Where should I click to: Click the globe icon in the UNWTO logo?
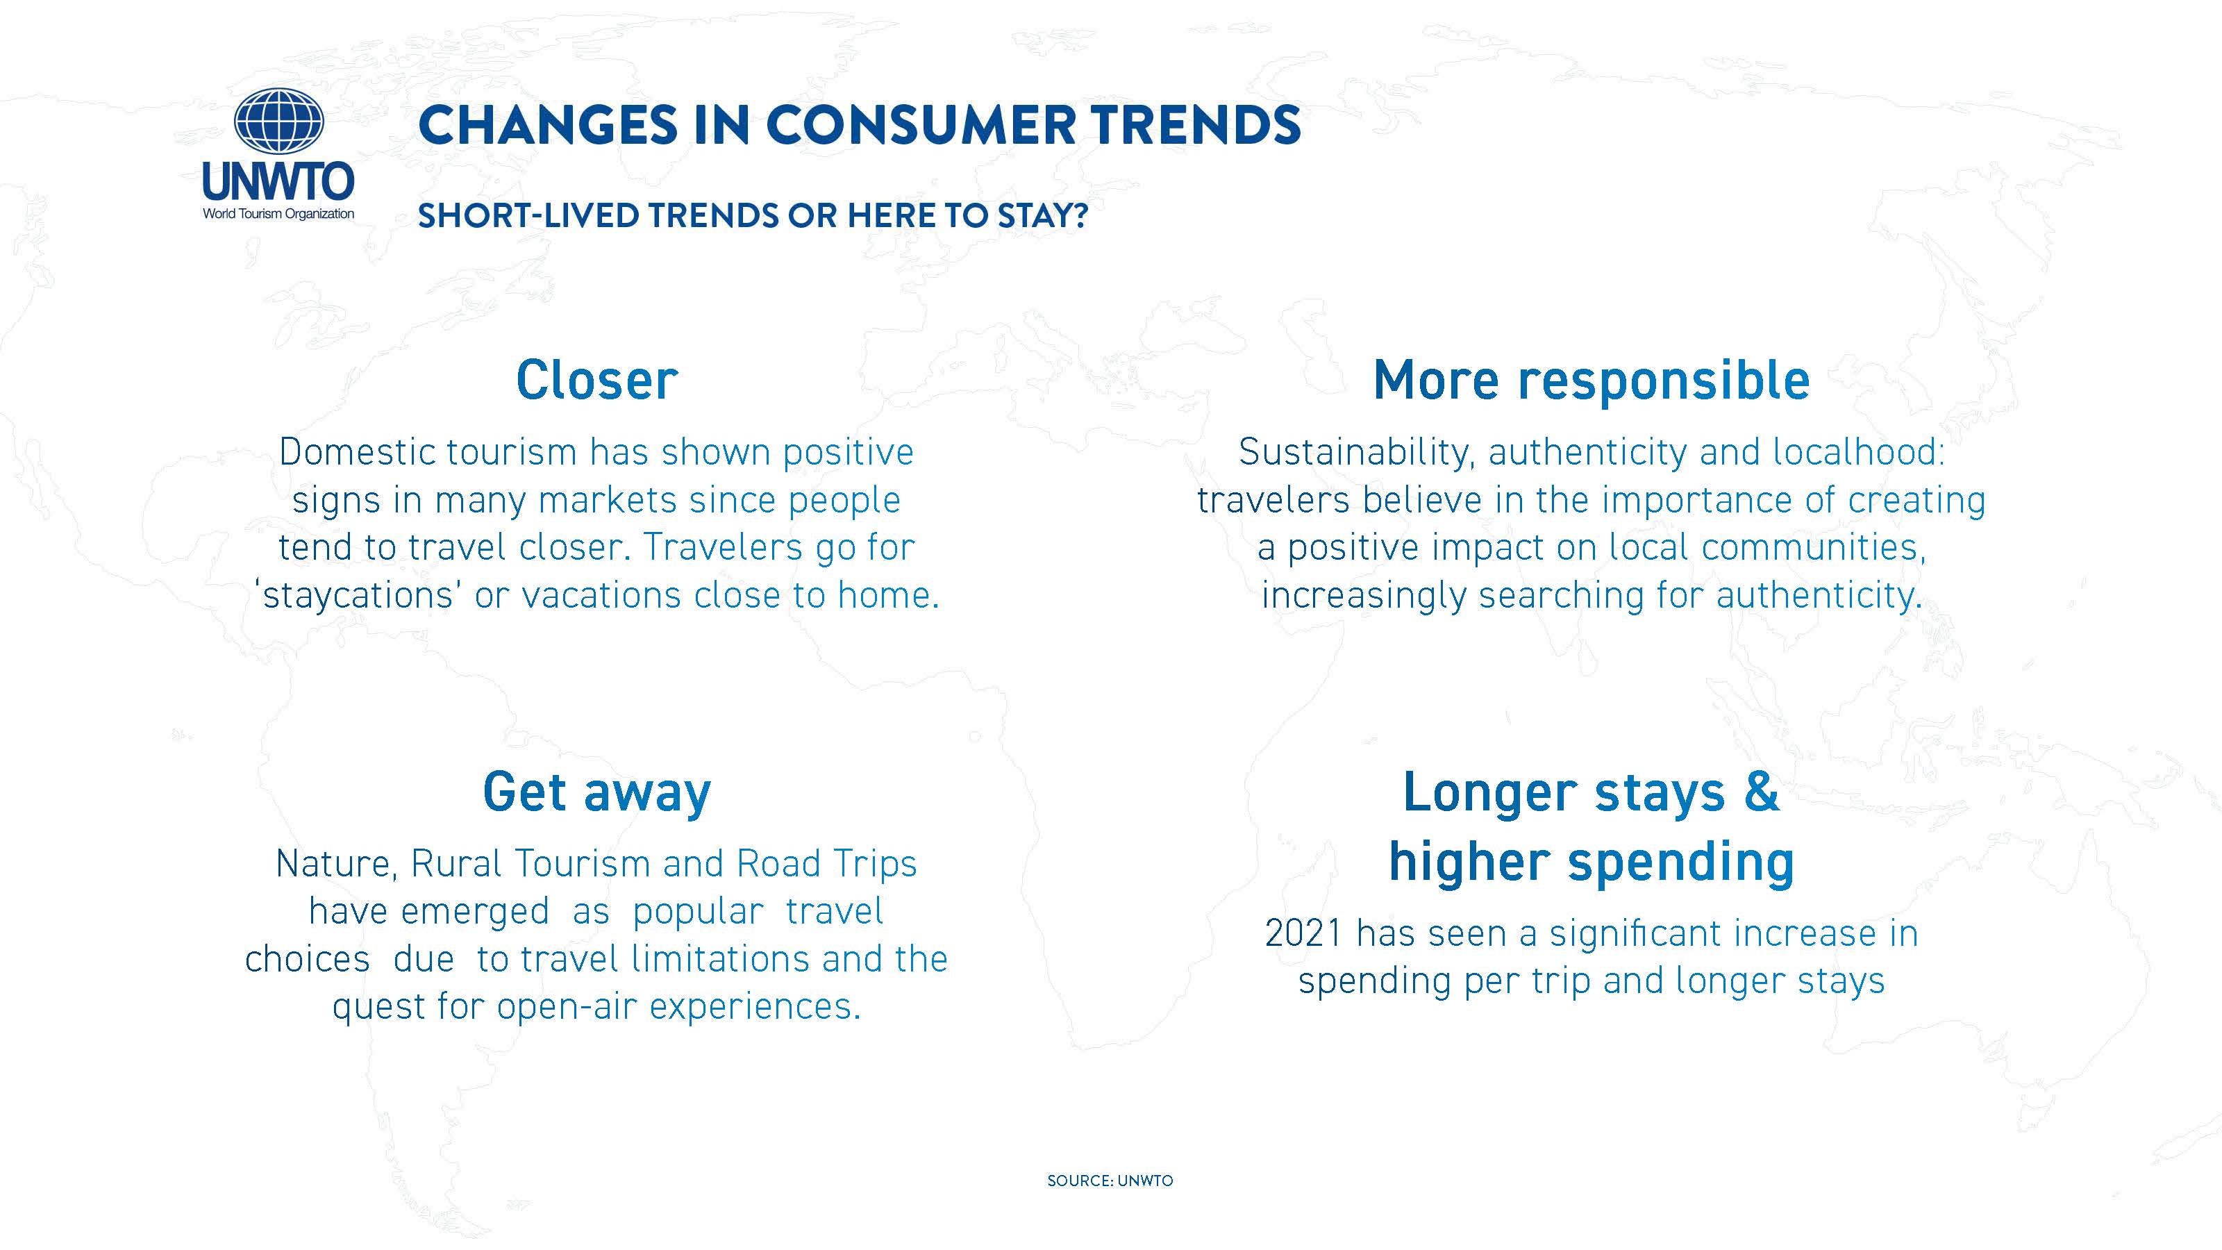[278, 122]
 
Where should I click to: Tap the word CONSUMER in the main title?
[920, 125]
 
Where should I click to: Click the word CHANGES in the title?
[548, 125]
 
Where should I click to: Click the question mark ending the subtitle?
[1079, 216]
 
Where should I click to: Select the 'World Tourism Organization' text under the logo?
[278, 214]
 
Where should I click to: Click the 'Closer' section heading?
[597, 381]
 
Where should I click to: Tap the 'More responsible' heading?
[1591, 381]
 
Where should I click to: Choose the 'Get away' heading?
[597, 792]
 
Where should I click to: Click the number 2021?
[1302, 933]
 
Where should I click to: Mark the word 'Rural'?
[456, 863]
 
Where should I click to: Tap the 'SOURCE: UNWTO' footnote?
[1110, 1180]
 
